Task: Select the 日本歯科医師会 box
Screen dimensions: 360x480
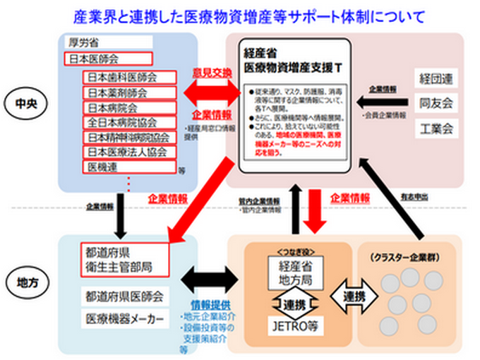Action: coord(128,76)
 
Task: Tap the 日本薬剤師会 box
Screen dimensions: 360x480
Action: coord(128,92)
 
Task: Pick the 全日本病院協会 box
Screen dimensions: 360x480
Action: coord(128,122)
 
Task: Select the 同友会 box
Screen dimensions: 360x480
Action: coord(436,103)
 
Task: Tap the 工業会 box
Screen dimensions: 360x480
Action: coord(436,128)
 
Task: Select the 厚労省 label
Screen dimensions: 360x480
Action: coord(84,42)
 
